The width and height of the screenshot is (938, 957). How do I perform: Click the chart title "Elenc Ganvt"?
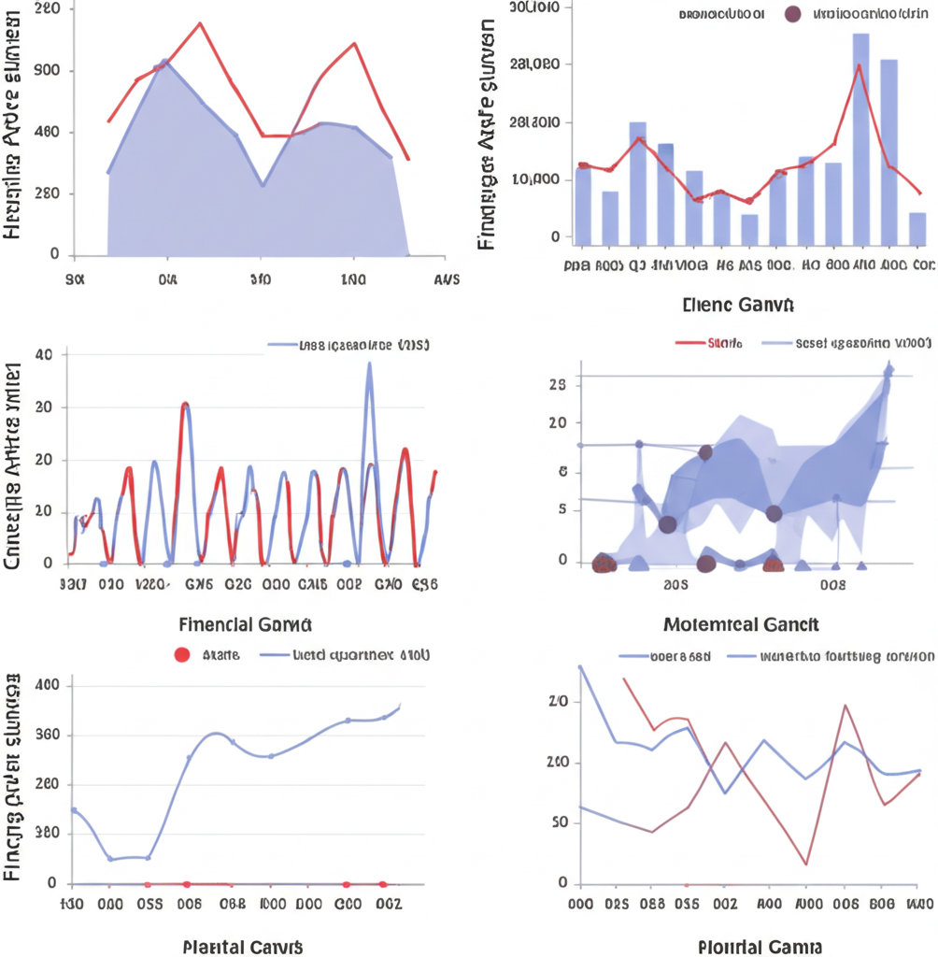coord(738,304)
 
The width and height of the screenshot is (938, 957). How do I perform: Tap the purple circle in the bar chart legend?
coord(792,14)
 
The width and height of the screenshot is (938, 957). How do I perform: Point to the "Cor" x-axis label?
coord(923,265)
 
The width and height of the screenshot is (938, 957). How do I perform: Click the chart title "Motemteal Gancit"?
coord(741,623)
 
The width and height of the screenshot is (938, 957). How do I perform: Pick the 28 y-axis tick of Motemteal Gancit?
coord(559,383)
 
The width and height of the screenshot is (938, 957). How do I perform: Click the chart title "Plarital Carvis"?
coord(243,946)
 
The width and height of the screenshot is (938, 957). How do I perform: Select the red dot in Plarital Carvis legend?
coord(183,655)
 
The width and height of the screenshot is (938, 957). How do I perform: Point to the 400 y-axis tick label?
coord(47,685)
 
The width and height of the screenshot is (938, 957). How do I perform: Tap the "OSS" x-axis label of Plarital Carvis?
coord(149,905)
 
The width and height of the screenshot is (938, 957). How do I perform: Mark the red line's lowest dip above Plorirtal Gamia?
coord(805,864)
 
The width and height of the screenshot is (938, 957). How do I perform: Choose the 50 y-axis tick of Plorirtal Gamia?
coord(559,823)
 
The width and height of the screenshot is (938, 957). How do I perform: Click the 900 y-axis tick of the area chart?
coord(48,71)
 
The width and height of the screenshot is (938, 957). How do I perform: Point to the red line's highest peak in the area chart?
coord(200,23)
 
